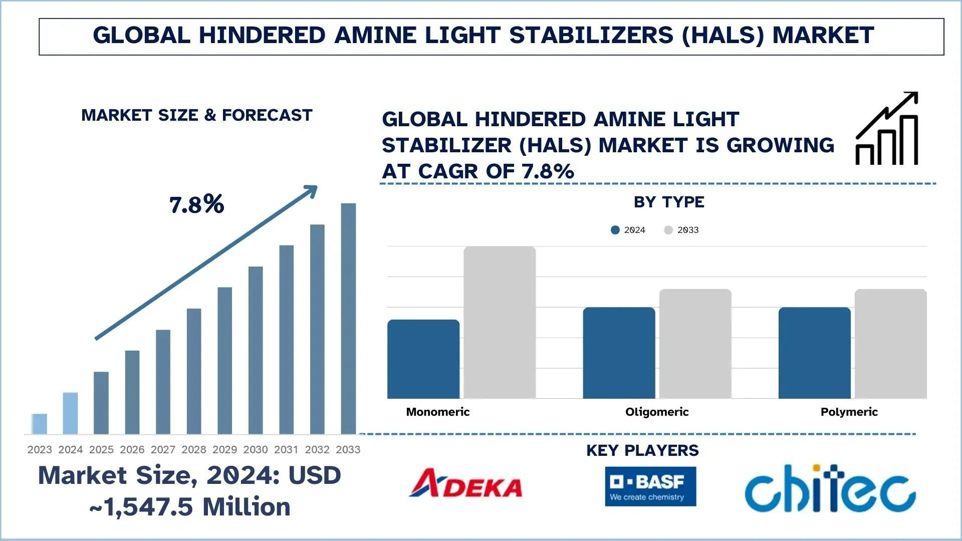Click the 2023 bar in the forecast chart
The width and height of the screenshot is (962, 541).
coord(39,424)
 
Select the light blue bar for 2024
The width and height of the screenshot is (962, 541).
coord(70,413)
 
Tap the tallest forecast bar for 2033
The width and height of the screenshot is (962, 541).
coord(348,319)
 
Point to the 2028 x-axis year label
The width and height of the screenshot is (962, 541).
coord(193,450)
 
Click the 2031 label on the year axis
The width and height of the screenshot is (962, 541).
coord(286,450)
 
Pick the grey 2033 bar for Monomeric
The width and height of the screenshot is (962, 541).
coord(500,323)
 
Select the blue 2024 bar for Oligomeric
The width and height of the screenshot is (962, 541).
coord(619,353)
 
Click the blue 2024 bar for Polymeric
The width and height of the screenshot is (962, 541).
coord(814,353)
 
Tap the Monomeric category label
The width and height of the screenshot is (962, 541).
coord(437,412)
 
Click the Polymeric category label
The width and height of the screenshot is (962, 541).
coord(849,412)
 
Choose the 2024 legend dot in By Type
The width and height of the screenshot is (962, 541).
coord(615,230)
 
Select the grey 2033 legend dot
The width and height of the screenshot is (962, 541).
coord(668,230)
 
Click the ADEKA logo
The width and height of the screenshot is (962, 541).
coord(465,484)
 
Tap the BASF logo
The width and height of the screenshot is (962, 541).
coord(650,486)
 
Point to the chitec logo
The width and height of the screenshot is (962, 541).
coord(830,489)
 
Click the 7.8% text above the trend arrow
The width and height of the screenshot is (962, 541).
coord(196,204)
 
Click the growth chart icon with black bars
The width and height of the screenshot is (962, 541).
coord(887,129)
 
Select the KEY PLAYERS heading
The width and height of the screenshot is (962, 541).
coord(642,450)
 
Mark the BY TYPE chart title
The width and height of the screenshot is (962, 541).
coord(669,202)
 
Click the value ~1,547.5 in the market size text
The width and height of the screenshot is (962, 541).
coord(141,507)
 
